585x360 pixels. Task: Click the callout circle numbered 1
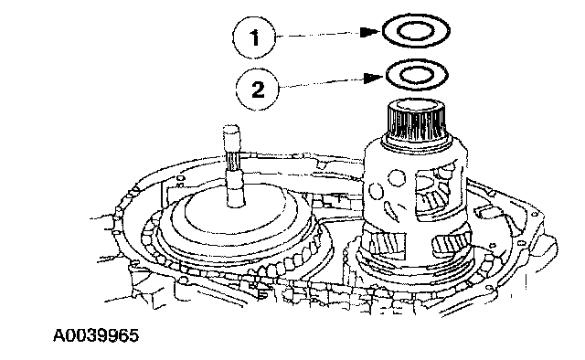[254, 37]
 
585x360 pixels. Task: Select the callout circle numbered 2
[258, 89]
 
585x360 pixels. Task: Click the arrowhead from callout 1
[370, 32]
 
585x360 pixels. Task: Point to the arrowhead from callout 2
[374, 78]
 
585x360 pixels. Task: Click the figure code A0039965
[96, 335]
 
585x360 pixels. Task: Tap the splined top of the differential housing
[417, 119]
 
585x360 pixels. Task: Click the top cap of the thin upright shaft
[231, 133]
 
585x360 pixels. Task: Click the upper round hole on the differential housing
[397, 178]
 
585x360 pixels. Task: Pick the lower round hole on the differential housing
[376, 191]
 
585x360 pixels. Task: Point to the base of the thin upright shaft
[236, 197]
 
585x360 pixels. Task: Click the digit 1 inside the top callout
[255, 37]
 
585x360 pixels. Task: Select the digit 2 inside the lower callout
[258, 90]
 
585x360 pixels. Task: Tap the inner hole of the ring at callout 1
[415, 31]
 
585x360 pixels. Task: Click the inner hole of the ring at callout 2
[417, 75]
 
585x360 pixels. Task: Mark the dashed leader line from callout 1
[318, 35]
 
